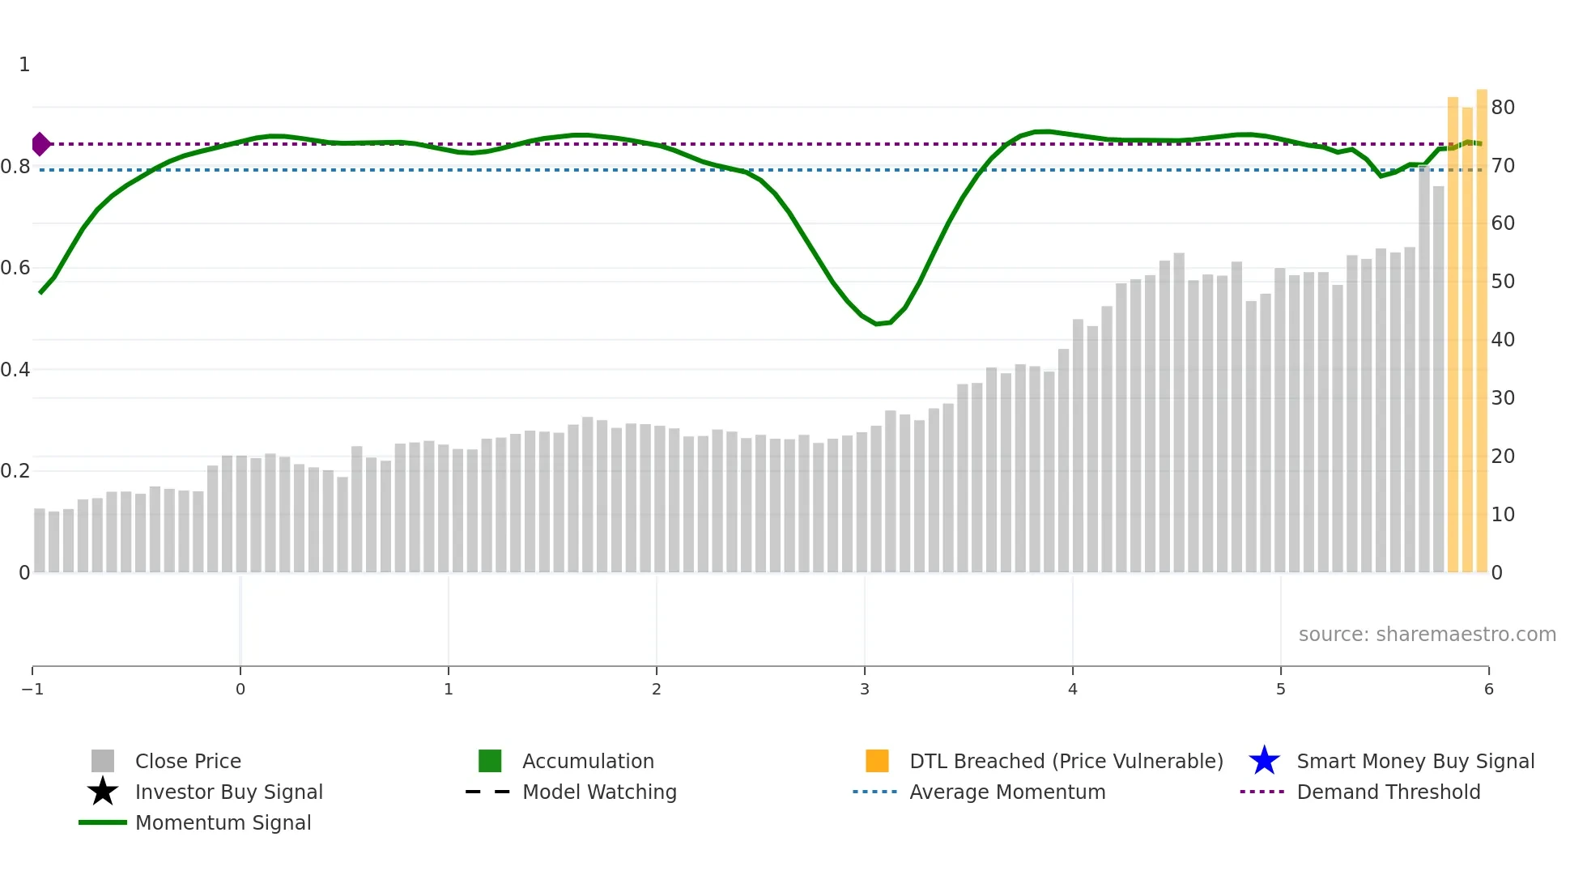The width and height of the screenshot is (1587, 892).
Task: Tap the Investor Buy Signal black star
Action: coord(103,792)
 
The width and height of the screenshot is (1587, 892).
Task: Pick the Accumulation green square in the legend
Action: coord(490,761)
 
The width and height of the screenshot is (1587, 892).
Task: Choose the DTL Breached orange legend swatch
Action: coord(877,761)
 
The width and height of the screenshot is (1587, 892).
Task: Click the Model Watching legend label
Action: coord(599,792)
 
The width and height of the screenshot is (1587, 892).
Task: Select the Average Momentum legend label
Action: coord(1007,792)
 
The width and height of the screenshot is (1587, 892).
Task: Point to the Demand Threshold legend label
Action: coord(1388,792)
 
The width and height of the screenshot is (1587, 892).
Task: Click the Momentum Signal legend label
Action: coord(223,822)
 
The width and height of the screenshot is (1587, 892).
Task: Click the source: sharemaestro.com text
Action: coord(1427,634)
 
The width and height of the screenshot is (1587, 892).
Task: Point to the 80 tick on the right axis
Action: coord(1503,108)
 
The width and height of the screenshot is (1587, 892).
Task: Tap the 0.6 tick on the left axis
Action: coord(15,268)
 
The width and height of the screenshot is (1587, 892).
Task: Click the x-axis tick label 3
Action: coord(865,689)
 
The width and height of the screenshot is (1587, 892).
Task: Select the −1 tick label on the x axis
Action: coord(32,689)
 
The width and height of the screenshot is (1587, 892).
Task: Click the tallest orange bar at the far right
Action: coord(1482,324)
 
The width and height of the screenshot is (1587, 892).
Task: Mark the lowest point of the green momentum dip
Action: coord(878,324)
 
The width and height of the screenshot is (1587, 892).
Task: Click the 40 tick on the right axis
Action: coord(1503,340)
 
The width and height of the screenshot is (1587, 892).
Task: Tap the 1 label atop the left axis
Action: coord(24,65)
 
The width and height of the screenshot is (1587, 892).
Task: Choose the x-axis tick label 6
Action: coord(1488,689)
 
